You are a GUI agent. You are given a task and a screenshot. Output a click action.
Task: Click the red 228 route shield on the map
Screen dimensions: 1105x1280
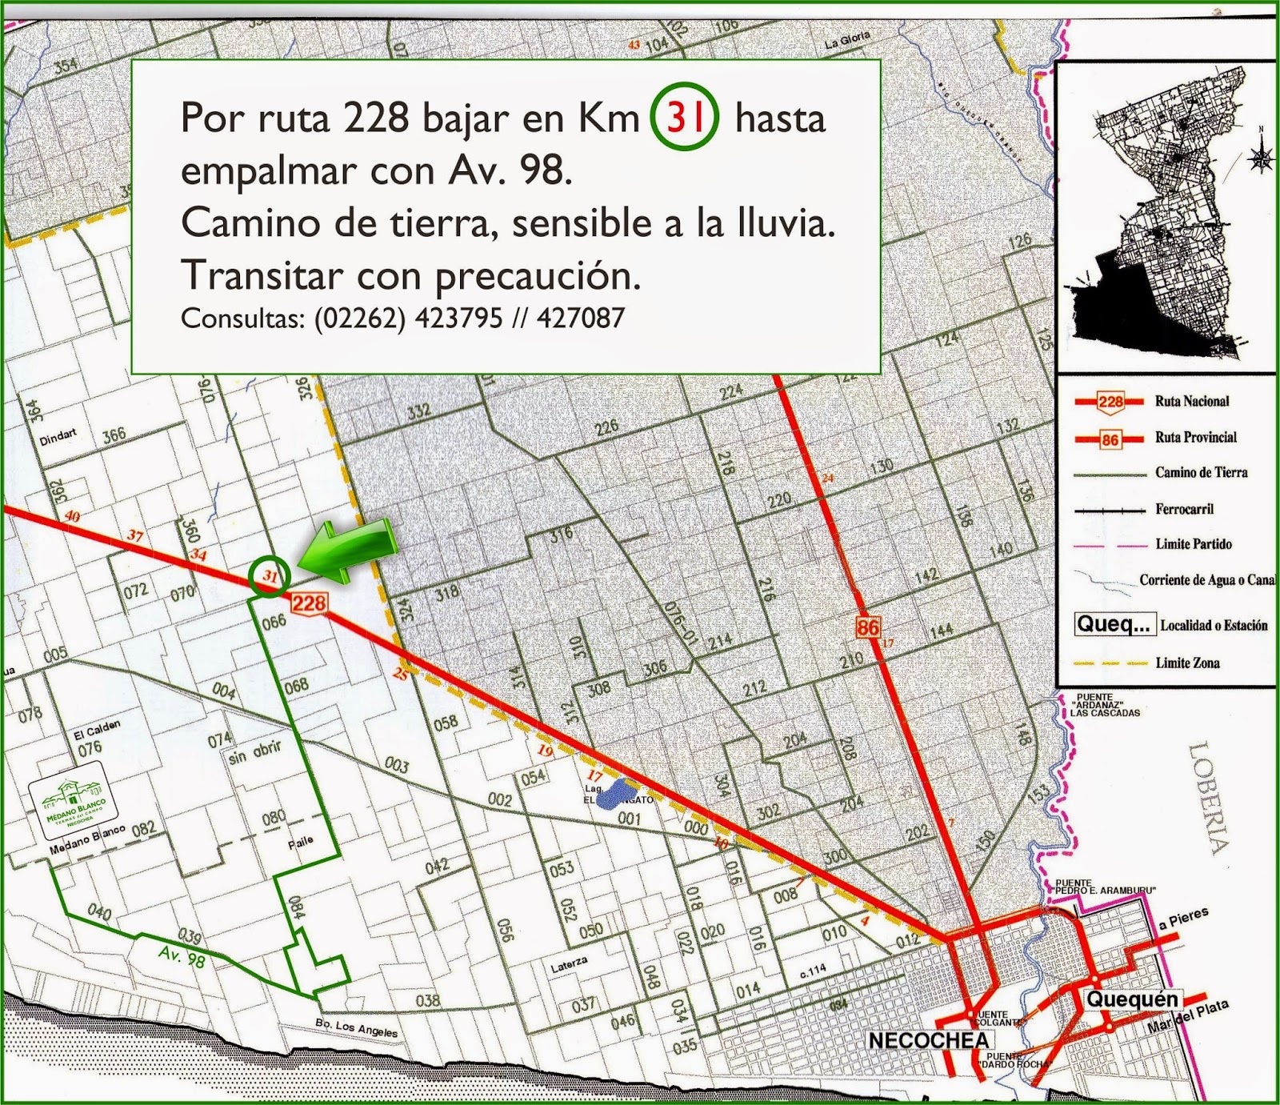pos(309,602)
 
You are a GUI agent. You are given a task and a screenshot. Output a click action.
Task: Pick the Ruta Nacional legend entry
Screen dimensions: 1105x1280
pos(1191,401)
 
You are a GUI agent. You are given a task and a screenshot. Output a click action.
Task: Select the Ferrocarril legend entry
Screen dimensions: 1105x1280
pos(1184,509)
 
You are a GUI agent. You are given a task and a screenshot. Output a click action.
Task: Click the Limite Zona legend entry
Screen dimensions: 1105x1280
pos(1186,663)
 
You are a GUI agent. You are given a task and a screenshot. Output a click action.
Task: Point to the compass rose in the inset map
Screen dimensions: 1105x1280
pos(1262,156)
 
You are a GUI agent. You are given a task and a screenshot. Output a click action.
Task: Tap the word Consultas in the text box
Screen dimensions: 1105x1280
pos(241,318)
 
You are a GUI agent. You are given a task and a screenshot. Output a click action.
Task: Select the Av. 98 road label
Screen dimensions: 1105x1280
pos(182,955)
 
